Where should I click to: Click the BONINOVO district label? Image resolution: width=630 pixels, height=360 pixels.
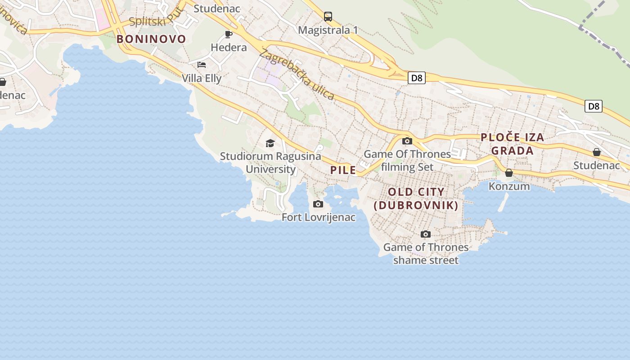coord(151,39)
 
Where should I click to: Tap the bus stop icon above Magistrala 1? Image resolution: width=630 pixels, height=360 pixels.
coord(328,17)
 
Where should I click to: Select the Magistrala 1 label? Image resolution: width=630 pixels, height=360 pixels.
coord(328,30)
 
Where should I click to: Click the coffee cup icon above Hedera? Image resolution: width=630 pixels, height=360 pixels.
coord(229,35)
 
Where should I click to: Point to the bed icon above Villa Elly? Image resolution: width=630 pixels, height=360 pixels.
coord(202,65)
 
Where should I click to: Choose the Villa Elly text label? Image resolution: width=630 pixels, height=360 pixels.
coord(202,78)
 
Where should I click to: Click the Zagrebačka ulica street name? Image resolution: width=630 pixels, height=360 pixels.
coord(297,74)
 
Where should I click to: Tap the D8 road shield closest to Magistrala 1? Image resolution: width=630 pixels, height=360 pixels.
coord(417,78)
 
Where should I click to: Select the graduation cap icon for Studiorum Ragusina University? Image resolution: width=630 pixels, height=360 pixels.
coord(270,143)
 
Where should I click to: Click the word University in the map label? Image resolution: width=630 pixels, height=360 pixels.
coord(270,170)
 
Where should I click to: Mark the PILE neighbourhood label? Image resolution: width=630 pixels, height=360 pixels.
coord(343,171)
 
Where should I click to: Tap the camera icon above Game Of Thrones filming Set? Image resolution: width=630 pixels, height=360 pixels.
coord(407,141)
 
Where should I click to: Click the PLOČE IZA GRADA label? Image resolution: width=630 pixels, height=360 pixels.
coord(512,144)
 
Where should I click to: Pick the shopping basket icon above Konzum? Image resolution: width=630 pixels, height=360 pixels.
coord(509,173)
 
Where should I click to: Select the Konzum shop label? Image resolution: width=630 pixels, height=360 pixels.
coord(509,186)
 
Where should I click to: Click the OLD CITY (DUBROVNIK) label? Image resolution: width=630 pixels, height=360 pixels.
coord(416,198)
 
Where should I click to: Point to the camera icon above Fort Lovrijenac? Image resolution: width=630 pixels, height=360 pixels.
coord(318,204)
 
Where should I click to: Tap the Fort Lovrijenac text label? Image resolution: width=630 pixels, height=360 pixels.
coord(318,218)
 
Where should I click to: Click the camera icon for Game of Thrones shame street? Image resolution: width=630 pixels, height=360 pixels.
coord(425,234)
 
